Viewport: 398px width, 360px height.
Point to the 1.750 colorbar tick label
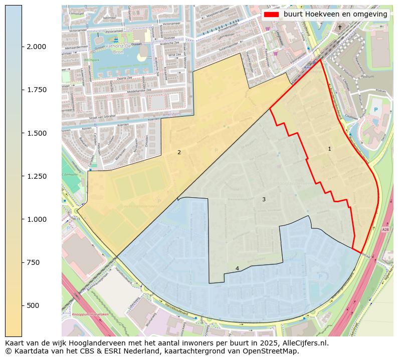(x=36, y=90)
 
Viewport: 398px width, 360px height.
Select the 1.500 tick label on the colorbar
(x=36, y=133)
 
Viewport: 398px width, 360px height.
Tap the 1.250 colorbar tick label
(x=36, y=176)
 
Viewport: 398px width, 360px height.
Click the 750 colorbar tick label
(x=32, y=262)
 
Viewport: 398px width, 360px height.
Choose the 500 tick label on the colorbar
(x=32, y=305)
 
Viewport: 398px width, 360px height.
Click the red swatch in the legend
(x=272, y=15)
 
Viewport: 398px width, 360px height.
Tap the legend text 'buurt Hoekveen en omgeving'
(x=335, y=15)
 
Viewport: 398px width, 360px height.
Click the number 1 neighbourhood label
(x=329, y=149)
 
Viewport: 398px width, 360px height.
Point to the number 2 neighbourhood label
(x=179, y=152)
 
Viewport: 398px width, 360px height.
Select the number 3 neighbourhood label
(x=264, y=200)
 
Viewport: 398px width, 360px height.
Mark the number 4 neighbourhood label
(x=237, y=269)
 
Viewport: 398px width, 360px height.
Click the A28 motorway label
(x=385, y=230)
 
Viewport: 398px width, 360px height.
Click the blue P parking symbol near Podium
(x=376, y=110)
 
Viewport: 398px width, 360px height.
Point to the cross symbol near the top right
(x=339, y=27)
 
